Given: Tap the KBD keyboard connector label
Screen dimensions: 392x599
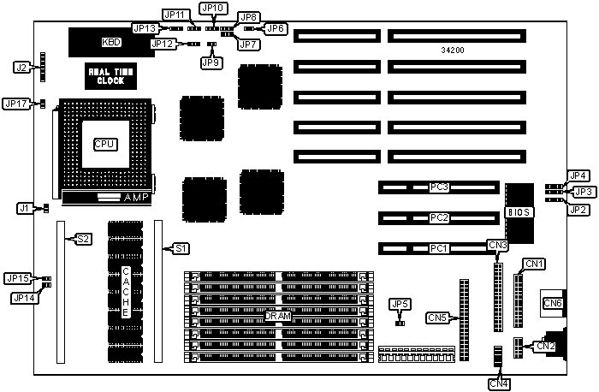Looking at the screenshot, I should [x=111, y=41].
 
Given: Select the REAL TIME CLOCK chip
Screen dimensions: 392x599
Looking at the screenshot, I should [x=110, y=76].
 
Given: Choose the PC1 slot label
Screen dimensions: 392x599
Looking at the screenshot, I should [x=440, y=249].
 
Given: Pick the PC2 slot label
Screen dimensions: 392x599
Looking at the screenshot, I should [x=440, y=217].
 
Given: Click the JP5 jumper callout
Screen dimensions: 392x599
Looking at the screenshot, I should [x=400, y=304].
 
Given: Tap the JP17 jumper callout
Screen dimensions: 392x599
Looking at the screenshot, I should [x=16, y=103].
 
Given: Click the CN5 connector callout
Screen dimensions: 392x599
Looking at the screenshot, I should [x=438, y=318].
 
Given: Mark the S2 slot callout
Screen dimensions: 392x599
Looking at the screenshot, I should [x=83, y=239].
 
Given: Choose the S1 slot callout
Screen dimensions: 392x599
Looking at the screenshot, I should [x=181, y=248].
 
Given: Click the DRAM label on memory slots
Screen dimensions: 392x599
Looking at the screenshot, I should [x=277, y=316].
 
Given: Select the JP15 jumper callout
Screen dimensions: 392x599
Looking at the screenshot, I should [x=17, y=278].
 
